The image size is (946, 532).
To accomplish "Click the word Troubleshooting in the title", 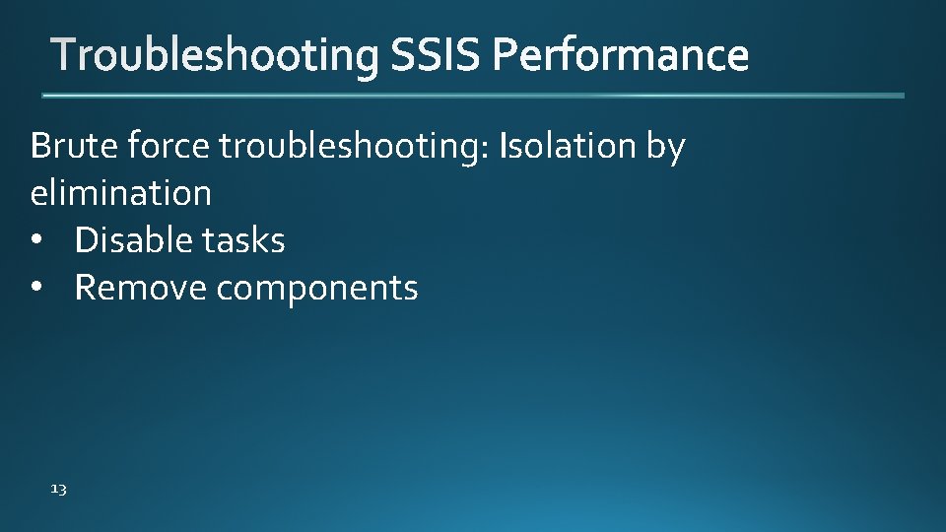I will point(216,56).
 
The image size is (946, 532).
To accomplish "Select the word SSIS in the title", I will point(438,56).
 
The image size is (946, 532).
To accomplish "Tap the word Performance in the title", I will point(622,56).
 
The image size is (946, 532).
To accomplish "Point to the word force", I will point(169,147).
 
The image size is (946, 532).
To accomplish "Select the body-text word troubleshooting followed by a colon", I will point(354,147).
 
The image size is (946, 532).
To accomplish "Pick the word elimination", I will point(121,193).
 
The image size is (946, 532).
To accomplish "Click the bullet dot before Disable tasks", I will point(36,240).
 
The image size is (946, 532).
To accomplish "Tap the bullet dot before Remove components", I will point(36,288).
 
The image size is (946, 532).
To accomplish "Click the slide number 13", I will point(58,490).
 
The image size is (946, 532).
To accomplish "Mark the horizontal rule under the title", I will point(473,96).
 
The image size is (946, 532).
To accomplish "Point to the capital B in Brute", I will point(40,147).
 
